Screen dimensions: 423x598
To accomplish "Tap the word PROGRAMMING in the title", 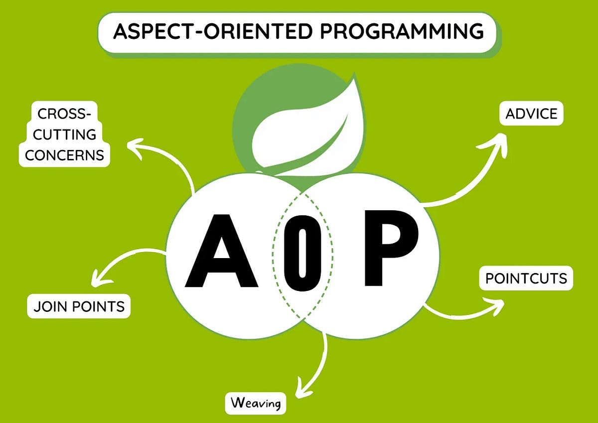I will point(402,31).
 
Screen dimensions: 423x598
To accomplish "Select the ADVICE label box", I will point(531,114).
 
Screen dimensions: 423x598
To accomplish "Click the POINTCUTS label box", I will point(526,278).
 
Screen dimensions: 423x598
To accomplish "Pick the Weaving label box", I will point(256,403).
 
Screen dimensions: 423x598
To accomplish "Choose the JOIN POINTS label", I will point(79,306).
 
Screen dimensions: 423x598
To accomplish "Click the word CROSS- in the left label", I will point(65,114).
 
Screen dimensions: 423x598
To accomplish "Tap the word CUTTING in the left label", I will point(65,135).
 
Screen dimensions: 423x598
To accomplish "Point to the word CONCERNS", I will point(65,155).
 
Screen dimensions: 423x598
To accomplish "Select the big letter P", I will point(390,249).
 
